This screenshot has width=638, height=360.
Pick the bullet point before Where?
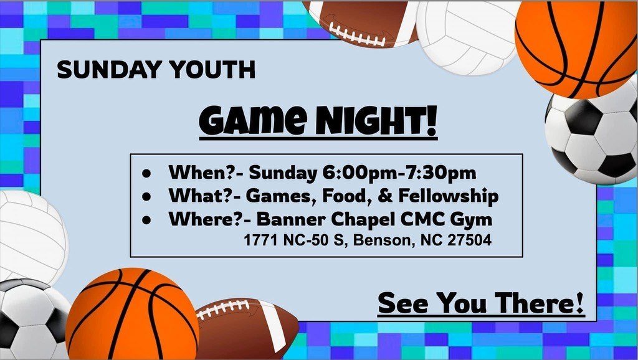coord(146,220)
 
